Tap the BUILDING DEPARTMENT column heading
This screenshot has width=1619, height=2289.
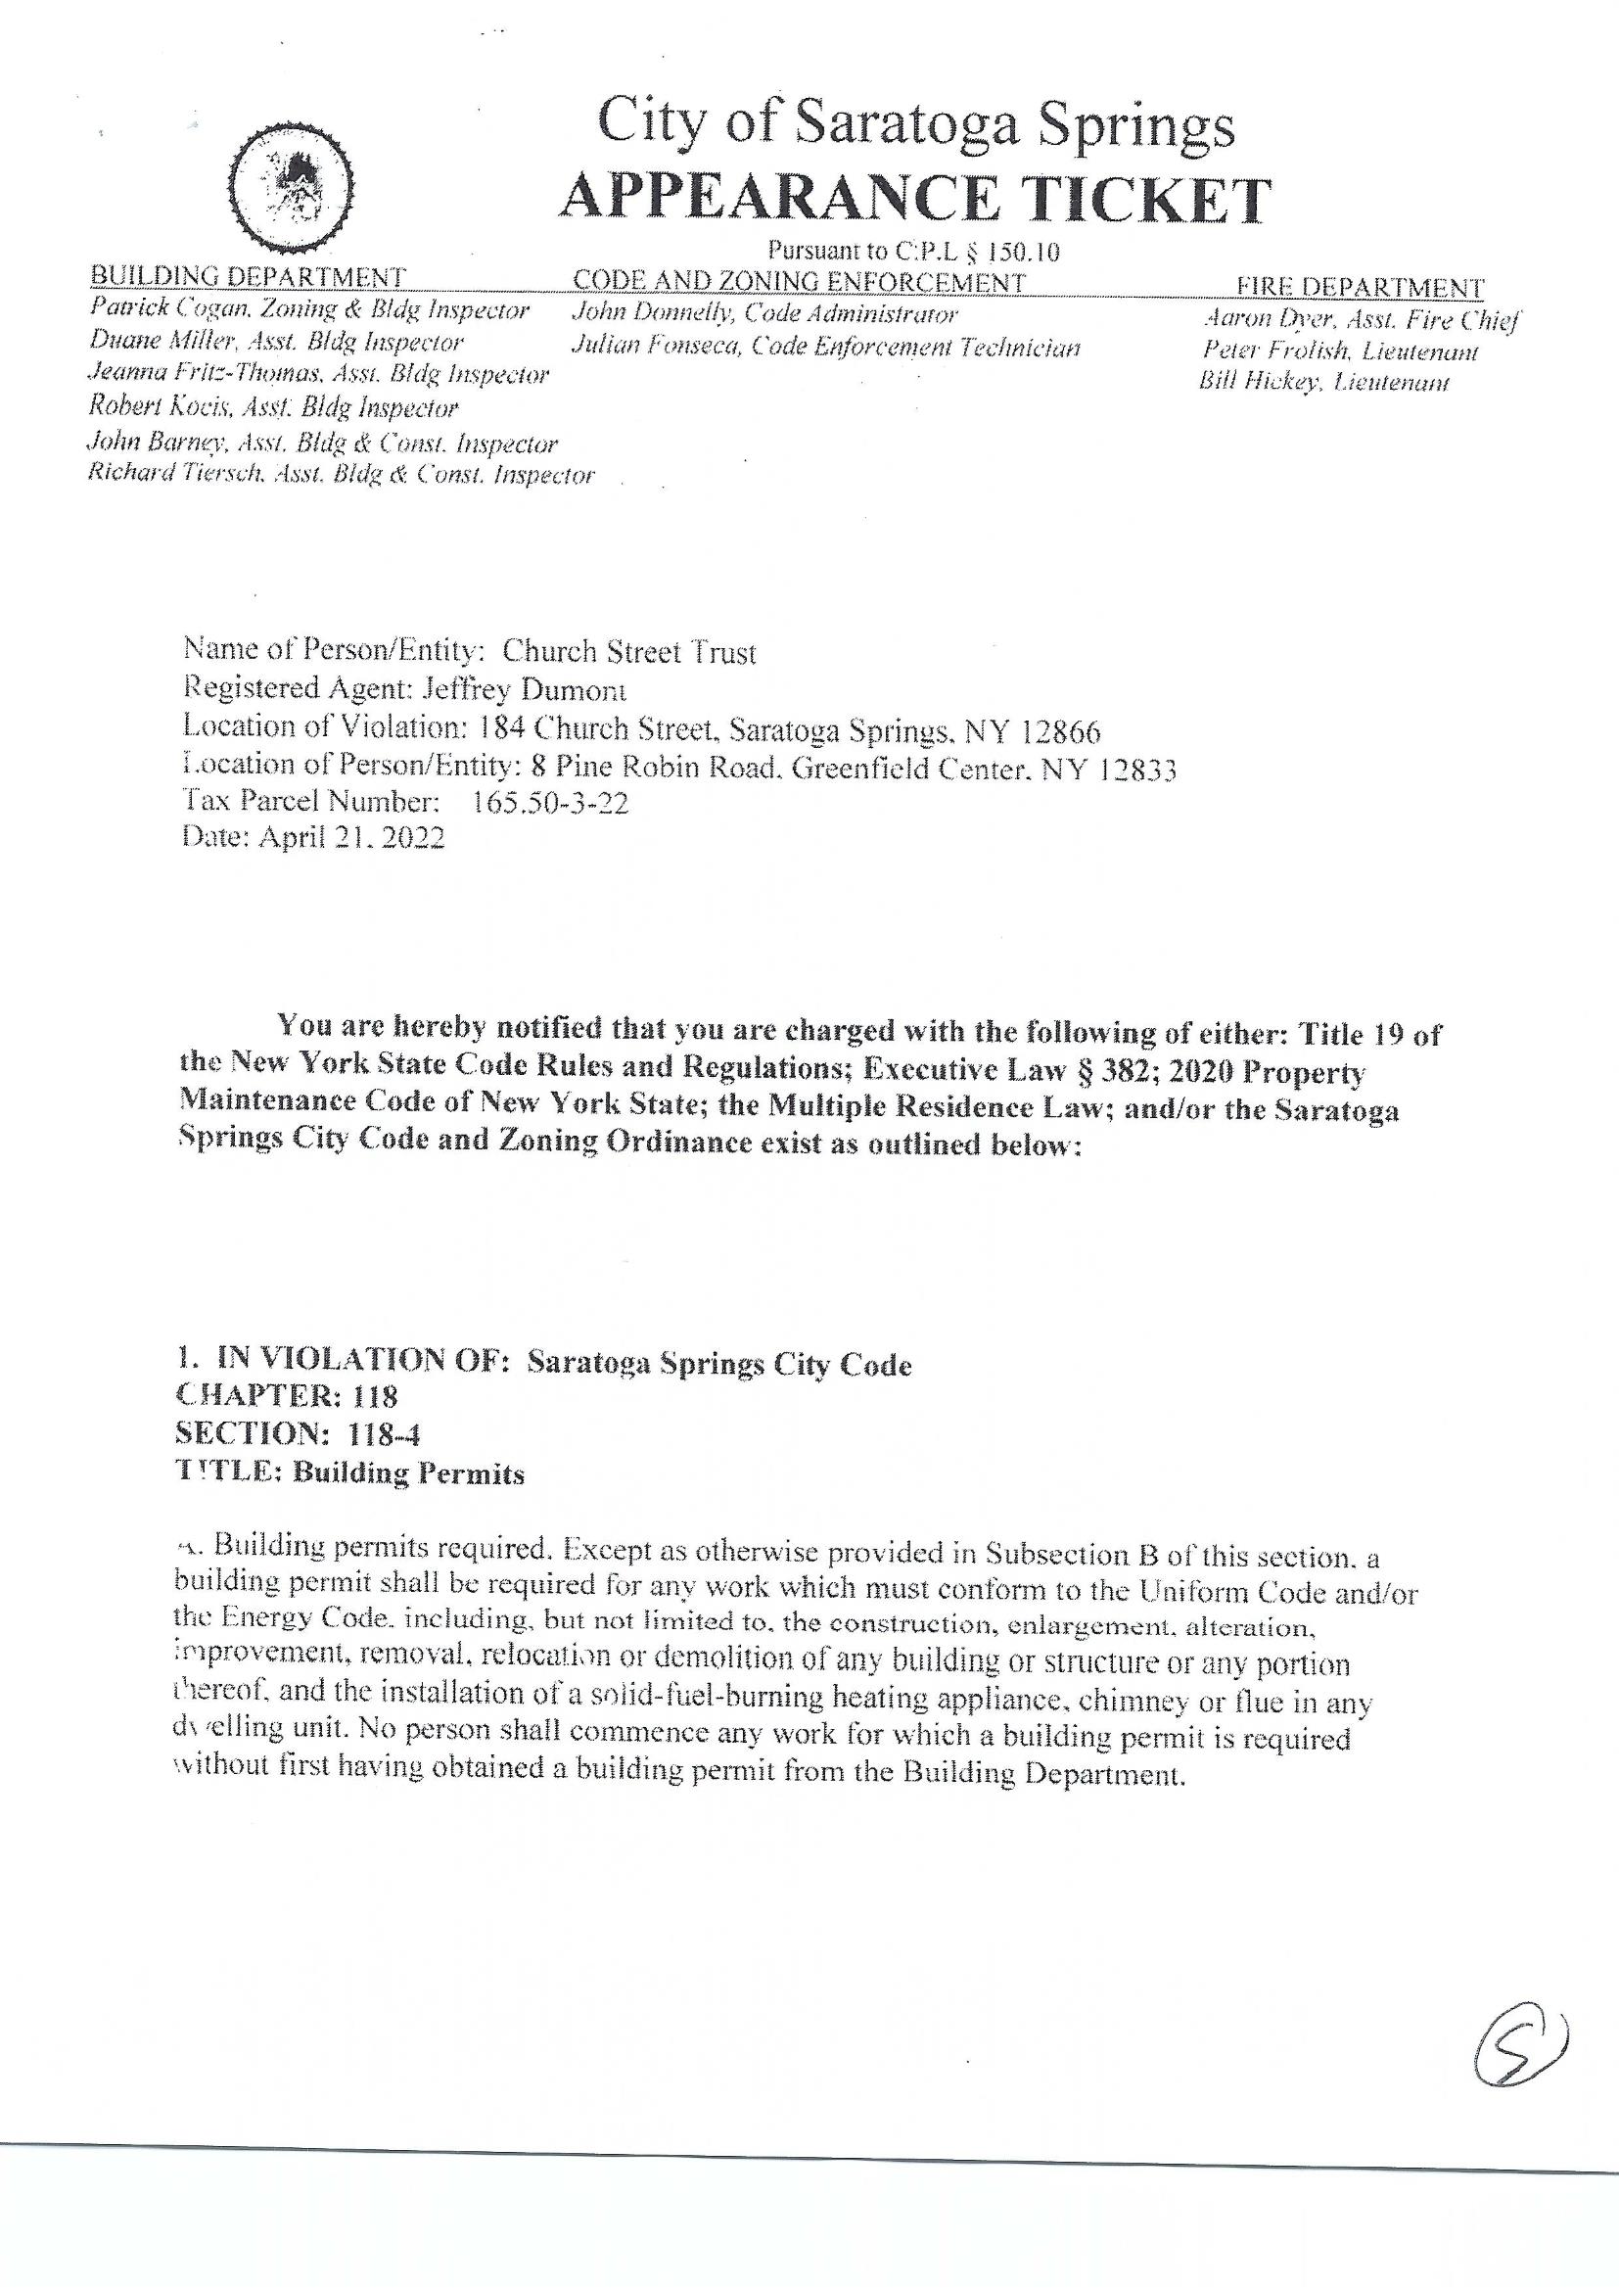249,276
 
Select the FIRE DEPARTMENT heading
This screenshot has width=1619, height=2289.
1360,287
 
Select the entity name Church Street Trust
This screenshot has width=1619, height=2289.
629,652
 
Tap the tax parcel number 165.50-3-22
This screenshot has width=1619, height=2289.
549,803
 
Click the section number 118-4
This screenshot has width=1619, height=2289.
384,1434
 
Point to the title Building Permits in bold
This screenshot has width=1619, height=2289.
408,1473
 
